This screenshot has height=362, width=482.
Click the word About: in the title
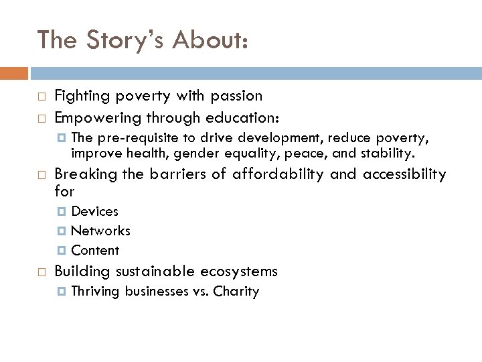coord(210,40)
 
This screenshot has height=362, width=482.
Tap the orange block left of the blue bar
coord(14,72)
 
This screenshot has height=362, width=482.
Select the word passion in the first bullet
coord(233,96)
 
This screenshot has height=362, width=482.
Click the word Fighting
coord(80,96)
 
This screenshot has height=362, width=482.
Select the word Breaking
coord(78,174)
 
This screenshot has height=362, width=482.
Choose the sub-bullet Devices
coord(94,212)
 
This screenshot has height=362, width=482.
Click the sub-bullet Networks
coord(100,231)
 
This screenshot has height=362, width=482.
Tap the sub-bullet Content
coord(95,251)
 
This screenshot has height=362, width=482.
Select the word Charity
coord(237,292)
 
